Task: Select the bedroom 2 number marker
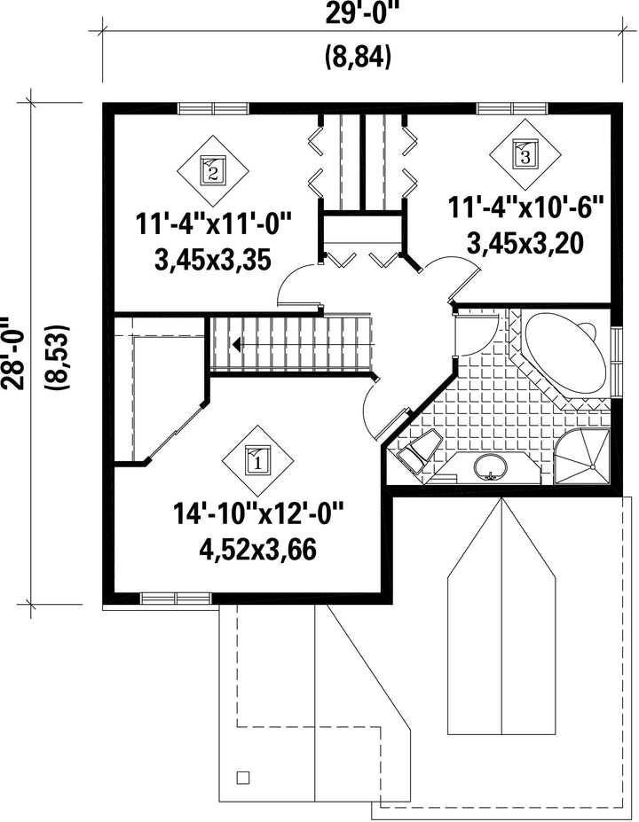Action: point(213,170)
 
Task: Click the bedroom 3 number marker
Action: point(525,153)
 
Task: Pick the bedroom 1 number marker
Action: point(257,460)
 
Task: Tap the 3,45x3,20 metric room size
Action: point(525,243)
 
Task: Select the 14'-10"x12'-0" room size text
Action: point(257,514)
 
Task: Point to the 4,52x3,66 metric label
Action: point(257,550)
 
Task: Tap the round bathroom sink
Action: point(491,466)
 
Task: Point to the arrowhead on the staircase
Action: point(237,344)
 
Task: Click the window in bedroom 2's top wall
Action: point(213,108)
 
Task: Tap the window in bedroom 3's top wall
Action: point(512,108)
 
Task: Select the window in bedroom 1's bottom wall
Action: point(176,599)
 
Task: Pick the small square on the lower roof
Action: point(243,777)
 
